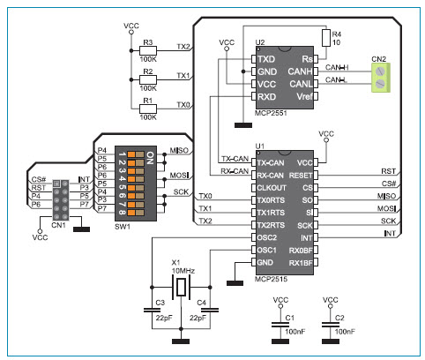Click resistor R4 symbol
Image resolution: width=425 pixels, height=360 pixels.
pyautogui.click(x=326, y=38)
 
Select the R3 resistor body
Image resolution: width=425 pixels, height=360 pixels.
pyautogui.click(x=148, y=50)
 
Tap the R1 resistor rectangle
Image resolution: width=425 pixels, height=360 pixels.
pyautogui.click(x=148, y=109)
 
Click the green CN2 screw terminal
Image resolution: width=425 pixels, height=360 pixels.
pyautogui.click(x=381, y=78)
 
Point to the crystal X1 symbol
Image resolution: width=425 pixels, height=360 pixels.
pyautogui.click(x=181, y=288)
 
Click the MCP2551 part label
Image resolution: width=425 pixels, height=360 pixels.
pyautogui.click(x=271, y=113)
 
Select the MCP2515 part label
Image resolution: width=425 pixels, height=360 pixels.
pyautogui.click(x=271, y=279)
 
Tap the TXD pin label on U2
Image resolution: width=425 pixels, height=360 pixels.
pyautogui.click(x=266, y=59)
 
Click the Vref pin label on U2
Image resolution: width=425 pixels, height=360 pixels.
pyautogui.click(x=304, y=96)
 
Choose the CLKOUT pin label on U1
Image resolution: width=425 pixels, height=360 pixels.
pyautogui.click(x=272, y=188)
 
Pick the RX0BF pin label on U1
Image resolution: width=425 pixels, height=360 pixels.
pyautogui.click(x=301, y=251)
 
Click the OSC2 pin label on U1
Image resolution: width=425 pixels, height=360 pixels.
pyautogui.click(x=267, y=237)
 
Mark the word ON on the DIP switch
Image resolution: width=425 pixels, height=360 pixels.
pyautogui.click(x=150, y=158)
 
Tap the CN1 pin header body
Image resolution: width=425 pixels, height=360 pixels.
pyautogui.click(x=61, y=200)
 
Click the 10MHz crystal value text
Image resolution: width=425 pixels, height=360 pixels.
pyautogui.click(x=183, y=270)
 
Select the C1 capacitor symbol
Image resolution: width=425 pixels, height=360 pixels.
pyautogui.click(x=280, y=325)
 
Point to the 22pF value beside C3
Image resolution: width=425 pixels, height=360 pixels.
pyautogui.click(x=164, y=318)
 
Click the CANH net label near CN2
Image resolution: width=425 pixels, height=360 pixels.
pyautogui.click(x=337, y=68)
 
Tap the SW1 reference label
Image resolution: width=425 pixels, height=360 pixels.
pyautogui.click(x=123, y=227)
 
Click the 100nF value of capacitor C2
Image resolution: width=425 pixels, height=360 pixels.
pyautogui.click(x=345, y=332)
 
